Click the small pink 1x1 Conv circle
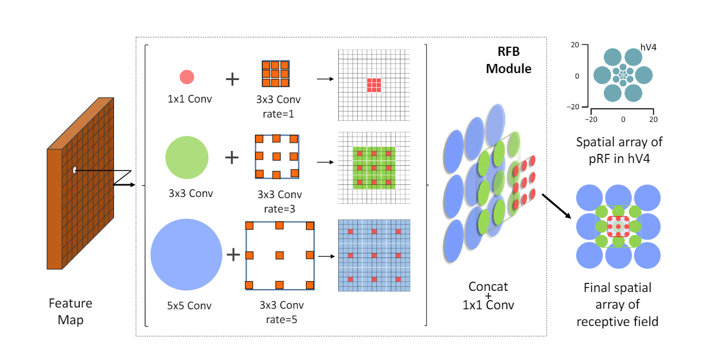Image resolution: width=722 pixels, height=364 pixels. pos(187,77)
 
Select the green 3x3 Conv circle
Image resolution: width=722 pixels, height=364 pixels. pos(187,157)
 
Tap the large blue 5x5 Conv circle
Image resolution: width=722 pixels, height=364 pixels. pos(186,254)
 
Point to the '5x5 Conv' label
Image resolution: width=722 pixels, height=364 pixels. pos(186,305)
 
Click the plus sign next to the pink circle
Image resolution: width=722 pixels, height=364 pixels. pos(232,78)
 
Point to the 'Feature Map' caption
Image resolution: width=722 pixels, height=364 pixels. pos(70,311)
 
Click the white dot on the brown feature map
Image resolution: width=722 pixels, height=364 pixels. pos(75,170)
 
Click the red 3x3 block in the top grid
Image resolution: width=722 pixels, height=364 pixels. pos(374,85)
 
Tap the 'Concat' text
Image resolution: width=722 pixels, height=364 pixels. pos(488,286)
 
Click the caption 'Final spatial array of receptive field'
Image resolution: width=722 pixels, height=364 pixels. pos(617,304)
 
